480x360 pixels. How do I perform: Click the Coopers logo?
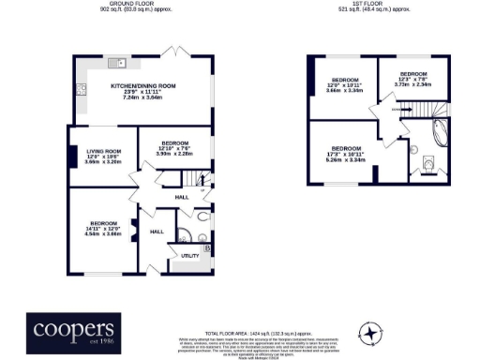(74, 330)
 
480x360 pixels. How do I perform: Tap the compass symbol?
(374, 331)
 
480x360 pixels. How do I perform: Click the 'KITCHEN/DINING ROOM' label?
(142, 86)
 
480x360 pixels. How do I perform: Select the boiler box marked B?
(207, 247)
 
